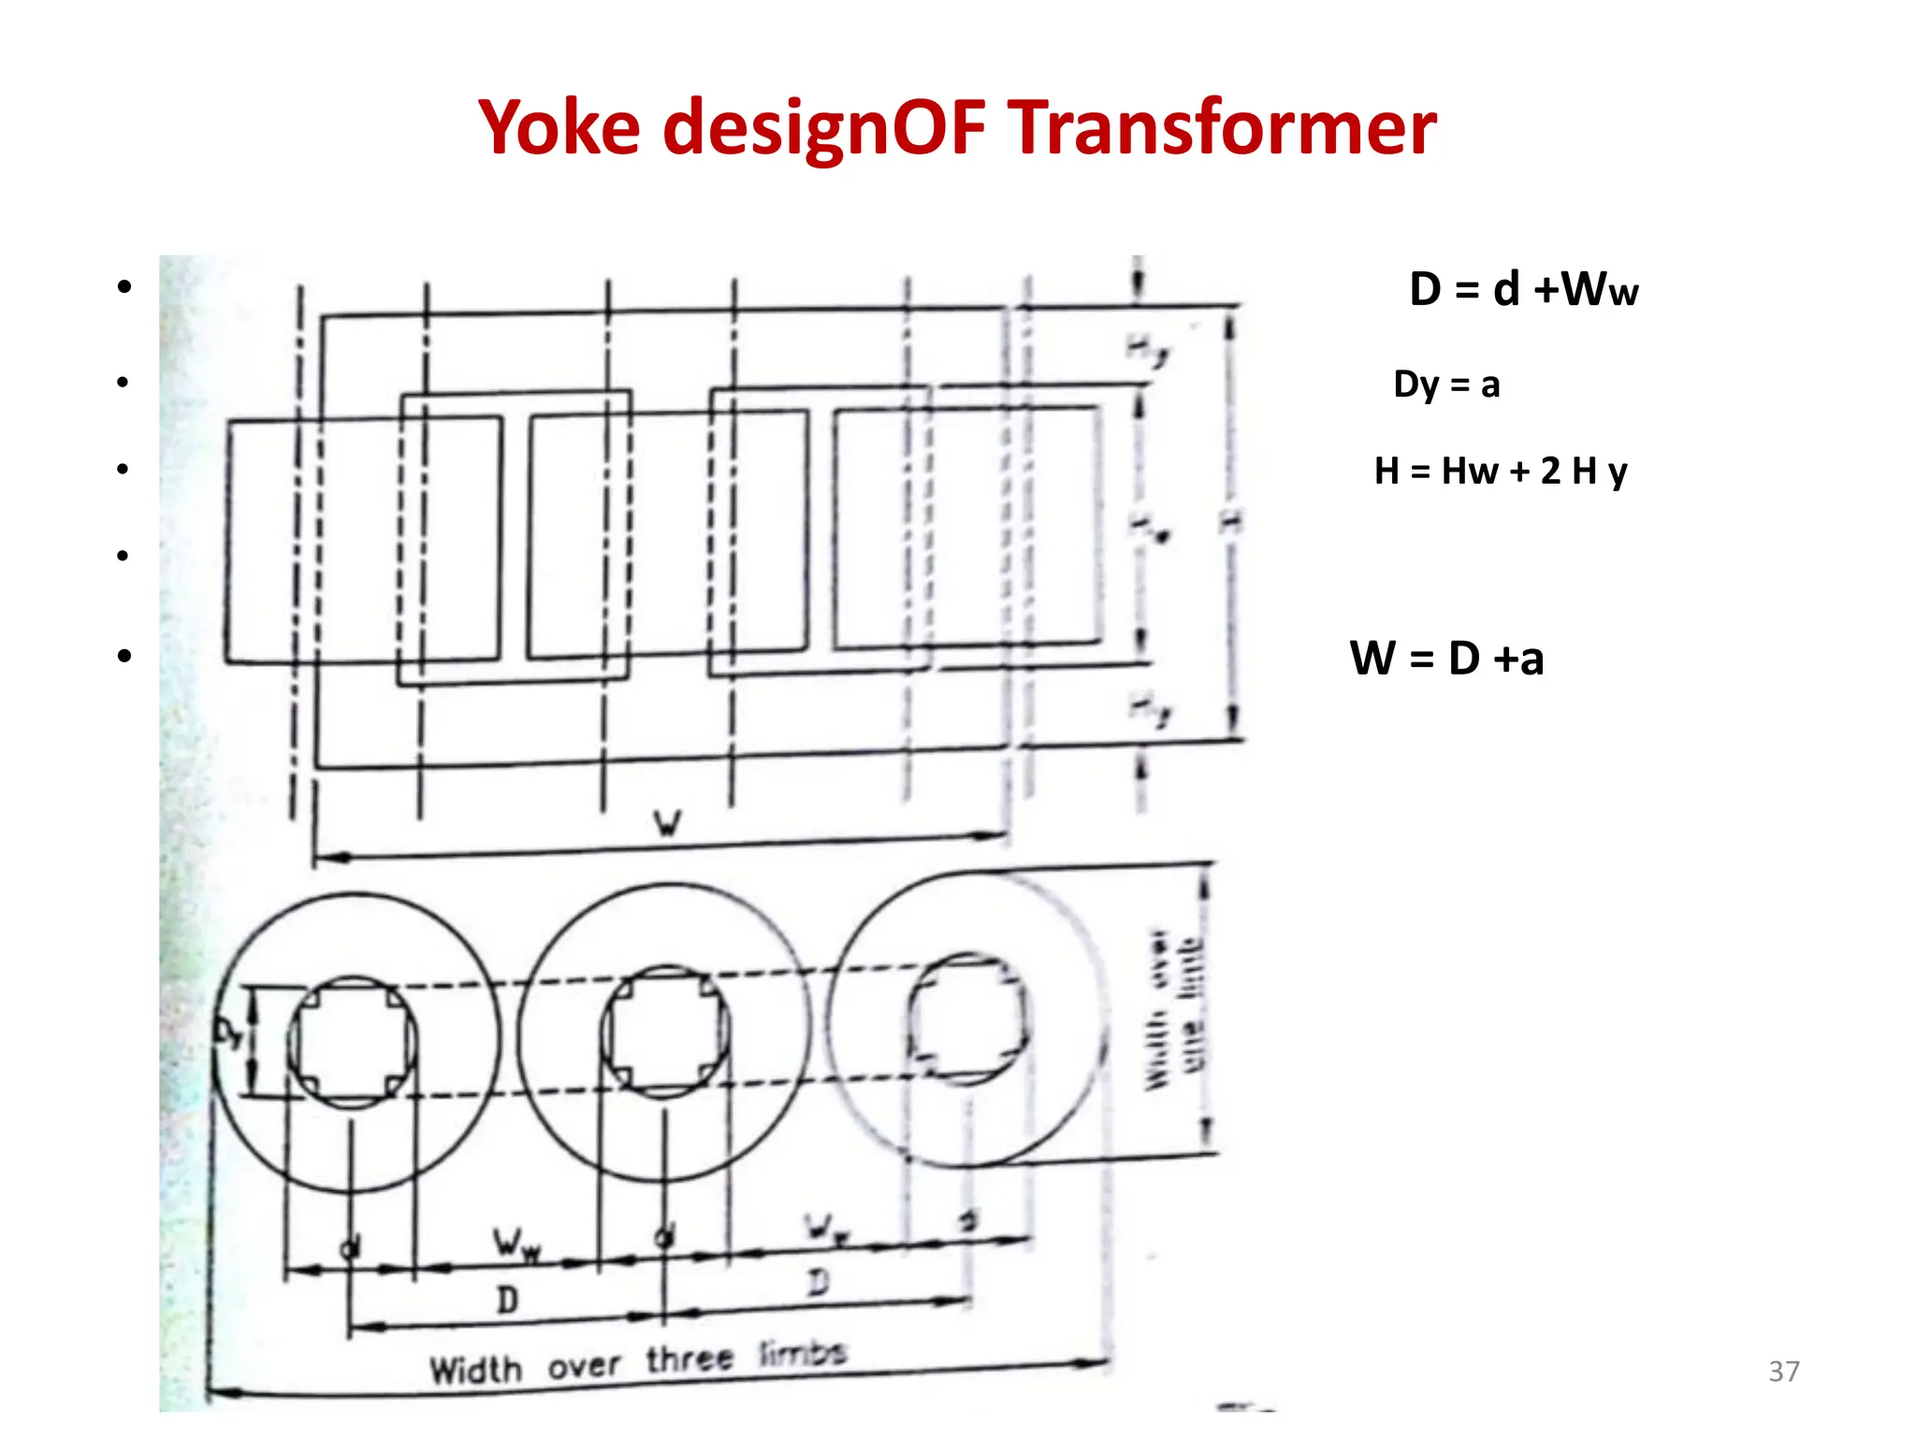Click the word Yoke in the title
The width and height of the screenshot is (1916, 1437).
point(559,128)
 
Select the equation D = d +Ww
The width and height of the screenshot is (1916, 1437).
point(1523,289)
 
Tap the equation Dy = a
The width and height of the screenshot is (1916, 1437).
point(1446,385)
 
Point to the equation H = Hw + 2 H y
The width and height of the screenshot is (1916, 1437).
point(1501,471)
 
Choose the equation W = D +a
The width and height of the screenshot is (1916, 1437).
point(1446,658)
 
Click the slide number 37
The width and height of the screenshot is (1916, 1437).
point(1783,1372)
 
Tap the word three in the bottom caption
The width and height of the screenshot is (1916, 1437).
point(689,1359)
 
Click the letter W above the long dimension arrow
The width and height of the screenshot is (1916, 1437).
point(667,823)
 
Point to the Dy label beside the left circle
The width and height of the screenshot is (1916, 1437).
point(227,1033)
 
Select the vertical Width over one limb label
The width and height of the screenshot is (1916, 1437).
point(1174,1010)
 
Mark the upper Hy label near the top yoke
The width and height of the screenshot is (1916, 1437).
point(1147,351)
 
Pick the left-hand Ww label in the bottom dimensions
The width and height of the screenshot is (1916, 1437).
point(515,1245)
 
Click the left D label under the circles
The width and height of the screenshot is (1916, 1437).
point(506,1299)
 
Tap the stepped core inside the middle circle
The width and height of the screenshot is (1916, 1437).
point(665,1031)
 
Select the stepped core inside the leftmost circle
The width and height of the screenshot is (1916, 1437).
point(353,1042)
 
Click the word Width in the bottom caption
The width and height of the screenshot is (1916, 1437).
point(475,1371)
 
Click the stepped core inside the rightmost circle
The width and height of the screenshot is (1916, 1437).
point(967,1019)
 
